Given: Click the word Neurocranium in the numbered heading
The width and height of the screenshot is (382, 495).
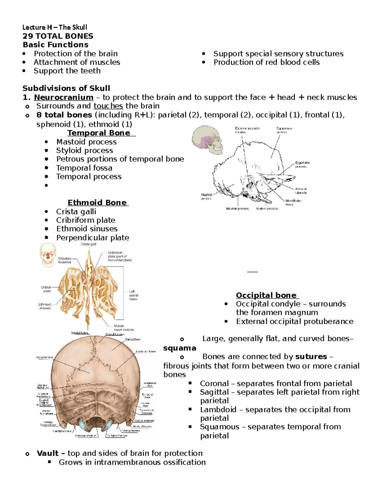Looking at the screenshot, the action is [x=63, y=97].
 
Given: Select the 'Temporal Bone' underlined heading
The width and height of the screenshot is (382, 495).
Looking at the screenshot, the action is [x=99, y=133].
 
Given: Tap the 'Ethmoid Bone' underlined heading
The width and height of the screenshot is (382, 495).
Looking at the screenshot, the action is [x=97, y=203].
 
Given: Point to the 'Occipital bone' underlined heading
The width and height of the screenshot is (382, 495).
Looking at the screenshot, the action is [x=266, y=295].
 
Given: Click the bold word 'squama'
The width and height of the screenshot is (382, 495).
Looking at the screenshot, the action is [x=180, y=348].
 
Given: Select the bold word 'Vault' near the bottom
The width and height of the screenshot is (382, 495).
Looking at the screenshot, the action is [x=47, y=453].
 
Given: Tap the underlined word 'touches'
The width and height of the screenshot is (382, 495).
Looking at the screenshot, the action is [x=108, y=106].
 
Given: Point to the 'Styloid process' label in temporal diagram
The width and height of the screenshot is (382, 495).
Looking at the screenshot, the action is [x=267, y=209].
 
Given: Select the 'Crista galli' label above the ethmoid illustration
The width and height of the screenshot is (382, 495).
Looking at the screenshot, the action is [x=88, y=244].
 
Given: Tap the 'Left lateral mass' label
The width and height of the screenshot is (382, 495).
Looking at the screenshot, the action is [x=133, y=295].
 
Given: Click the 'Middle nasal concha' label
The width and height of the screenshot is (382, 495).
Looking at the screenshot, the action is [x=124, y=328].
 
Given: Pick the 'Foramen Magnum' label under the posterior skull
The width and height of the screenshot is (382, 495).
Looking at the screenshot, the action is [x=86, y=436].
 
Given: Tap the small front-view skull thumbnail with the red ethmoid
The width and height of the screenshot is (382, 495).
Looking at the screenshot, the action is [x=48, y=255].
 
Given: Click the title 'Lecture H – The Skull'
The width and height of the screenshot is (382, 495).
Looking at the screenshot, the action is [x=54, y=27].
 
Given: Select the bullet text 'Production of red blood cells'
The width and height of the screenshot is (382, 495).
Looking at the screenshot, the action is [x=266, y=62].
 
